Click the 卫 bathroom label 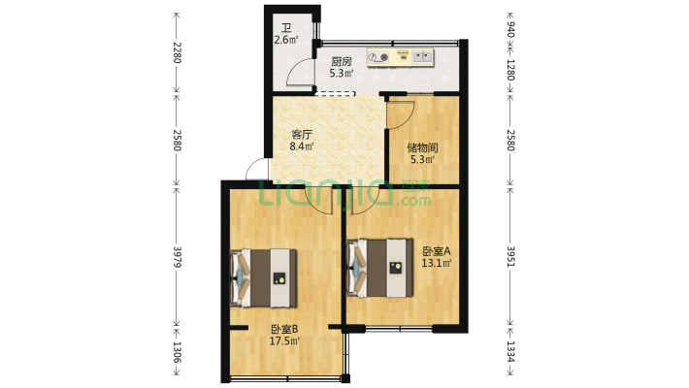coord(286,29)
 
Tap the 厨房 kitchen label coord(342,61)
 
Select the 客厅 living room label coord(302,135)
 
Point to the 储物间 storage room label coord(422,147)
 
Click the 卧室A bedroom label coord(437,251)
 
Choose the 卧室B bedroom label coord(284,329)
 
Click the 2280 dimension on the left coord(177,52)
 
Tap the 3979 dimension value coord(177,257)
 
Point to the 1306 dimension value coord(177,352)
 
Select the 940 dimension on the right coord(510,30)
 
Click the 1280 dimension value coord(510,70)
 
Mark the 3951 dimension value coord(510,256)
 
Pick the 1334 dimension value coord(510,351)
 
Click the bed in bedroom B coord(264,278)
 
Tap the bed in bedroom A coord(380,268)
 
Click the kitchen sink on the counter coord(423,56)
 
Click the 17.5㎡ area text coord(284,340)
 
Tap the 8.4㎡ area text coord(302,146)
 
